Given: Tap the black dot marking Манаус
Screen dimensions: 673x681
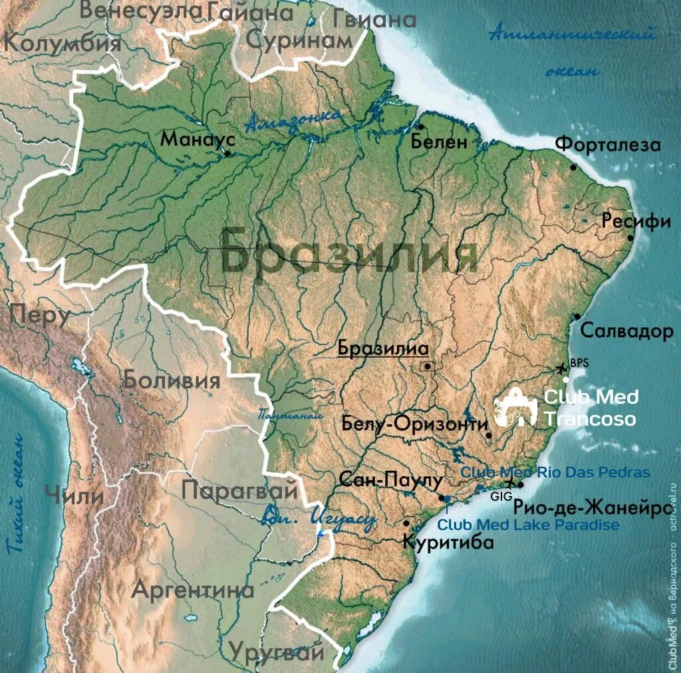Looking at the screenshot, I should (227, 154).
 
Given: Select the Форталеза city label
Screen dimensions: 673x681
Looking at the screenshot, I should (608, 144).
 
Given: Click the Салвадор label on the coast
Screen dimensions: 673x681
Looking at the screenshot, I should (626, 331).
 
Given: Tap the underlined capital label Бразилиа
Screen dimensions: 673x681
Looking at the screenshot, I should (382, 348).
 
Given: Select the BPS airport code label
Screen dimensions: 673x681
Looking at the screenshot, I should (579, 363).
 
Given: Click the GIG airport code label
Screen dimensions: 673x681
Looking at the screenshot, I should (499, 496).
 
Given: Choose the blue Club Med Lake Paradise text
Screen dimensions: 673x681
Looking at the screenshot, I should (528, 525).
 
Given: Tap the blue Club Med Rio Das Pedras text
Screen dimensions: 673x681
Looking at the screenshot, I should (555, 472).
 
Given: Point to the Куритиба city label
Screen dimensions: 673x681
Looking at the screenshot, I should (448, 542).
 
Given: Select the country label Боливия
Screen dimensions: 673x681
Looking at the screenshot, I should (171, 380).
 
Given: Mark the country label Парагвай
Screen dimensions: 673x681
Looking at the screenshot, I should (239, 491).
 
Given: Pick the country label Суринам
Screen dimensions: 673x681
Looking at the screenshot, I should (299, 40).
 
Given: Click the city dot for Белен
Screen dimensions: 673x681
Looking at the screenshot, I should (420, 126).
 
